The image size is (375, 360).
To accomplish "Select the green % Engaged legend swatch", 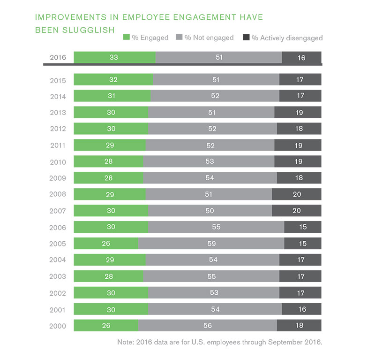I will pyautogui.click(x=126, y=38).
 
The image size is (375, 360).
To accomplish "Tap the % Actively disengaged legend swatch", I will pyautogui.click(x=246, y=38).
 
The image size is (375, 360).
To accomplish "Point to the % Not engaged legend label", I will pyautogui.click(x=209, y=38).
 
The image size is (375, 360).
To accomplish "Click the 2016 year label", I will pyautogui.click(x=58, y=58).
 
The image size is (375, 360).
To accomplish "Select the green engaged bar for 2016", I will pyautogui.click(x=114, y=58).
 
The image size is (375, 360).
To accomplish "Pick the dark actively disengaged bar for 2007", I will pyautogui.click(x=296, y=211).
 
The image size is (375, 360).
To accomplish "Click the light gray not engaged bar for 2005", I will pyautogui.click(x=211, y=244).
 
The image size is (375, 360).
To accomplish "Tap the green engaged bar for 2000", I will pyautogui.click(x=106, y=326).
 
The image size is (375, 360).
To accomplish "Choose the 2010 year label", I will pyautogui.click(x=58, y=162).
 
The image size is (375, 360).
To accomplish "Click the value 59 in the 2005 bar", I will pyautogui.click(x=211, y=244).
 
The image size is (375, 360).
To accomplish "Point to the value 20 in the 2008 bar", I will pyautogui.click(x=296, y=194).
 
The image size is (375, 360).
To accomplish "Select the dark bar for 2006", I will pyautogui.click(x=302, y=227).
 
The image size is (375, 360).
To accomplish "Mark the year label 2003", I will pyautogui.click(x=58, y=277).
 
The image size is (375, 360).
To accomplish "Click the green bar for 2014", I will pyautogui.click(x=112, y=96).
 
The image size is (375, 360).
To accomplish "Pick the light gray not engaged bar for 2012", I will pyautogui.click(x=212, y=129).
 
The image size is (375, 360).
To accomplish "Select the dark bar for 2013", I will pyautogui.click(x=298, y=113).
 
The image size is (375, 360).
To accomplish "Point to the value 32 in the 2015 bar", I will pyautogui.click(x=113, y=80).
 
